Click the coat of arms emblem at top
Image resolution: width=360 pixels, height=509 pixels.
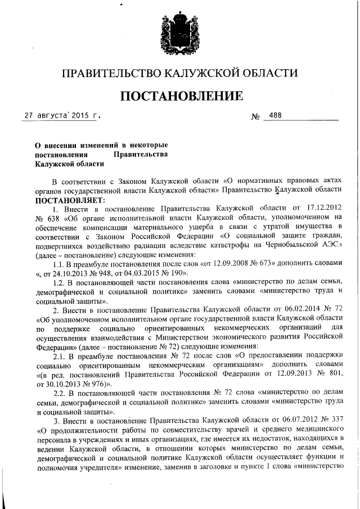coord(179,33)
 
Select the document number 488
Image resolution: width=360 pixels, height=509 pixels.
coord(276,116)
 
